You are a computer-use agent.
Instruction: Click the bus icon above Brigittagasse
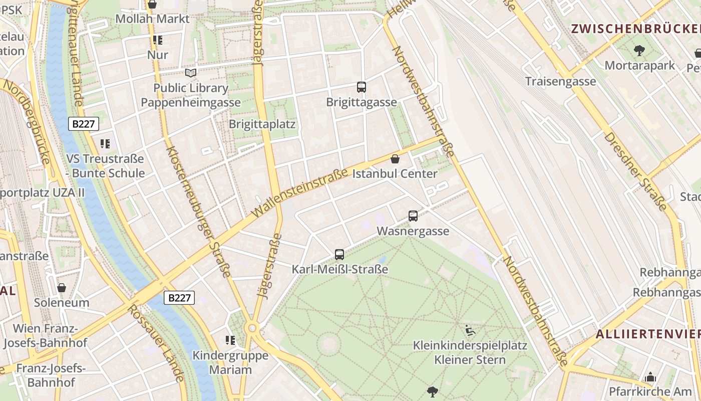[362, 87]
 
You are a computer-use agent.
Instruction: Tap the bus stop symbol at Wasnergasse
[413, 216]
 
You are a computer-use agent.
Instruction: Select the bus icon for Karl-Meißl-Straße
[339, 254]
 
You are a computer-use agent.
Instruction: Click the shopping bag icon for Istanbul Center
[395, 159]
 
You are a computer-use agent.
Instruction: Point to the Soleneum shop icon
[62, 288]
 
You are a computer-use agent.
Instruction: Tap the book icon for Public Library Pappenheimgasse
[190, 73]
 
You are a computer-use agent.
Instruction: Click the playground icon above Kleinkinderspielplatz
[470, 330]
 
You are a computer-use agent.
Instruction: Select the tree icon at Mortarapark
[639, 50]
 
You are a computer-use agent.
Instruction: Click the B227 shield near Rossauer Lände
[179, 298]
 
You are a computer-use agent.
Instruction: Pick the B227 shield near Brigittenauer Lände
[84, 124]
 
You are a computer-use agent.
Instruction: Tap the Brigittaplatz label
[262, 124]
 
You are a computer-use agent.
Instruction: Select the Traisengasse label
[560, 81]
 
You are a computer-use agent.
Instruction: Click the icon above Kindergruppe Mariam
[230, 340]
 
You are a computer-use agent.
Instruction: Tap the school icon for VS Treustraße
[105, 144]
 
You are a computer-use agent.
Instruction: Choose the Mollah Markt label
[152, 19]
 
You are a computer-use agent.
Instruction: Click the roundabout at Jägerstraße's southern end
[252, 328]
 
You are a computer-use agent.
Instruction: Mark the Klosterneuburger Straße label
[198, 211]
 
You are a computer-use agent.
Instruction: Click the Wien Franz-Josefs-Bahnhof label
[45, 336]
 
